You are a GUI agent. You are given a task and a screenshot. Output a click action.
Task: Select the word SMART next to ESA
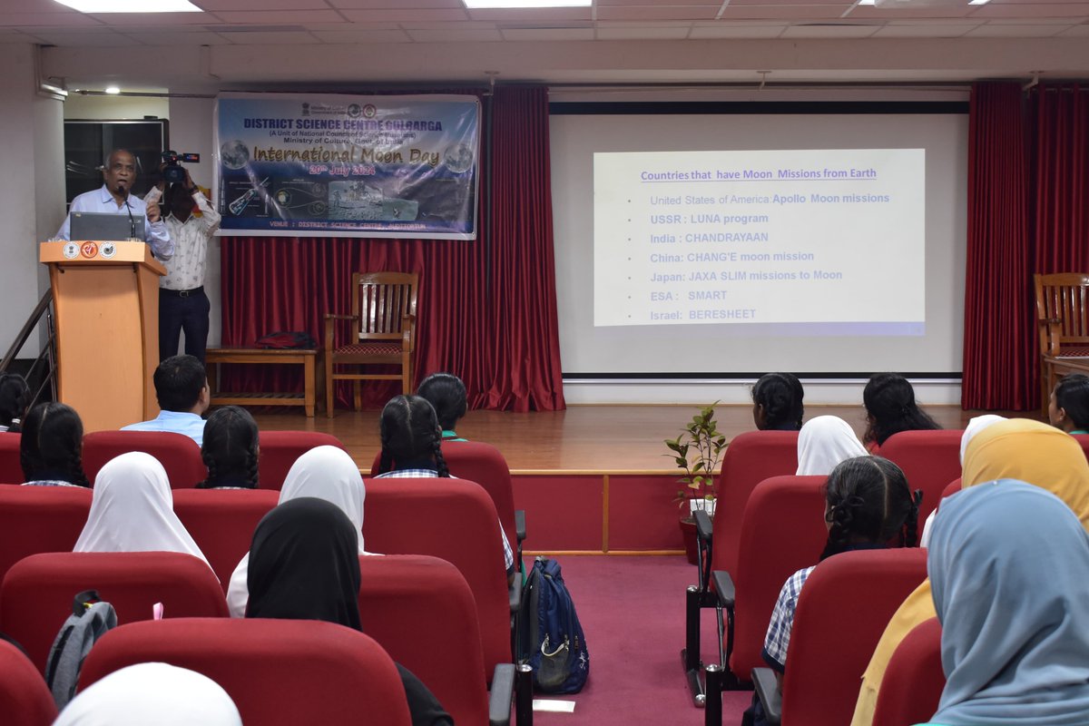click(707, 295)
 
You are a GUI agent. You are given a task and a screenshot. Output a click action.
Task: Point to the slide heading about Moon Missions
click(758, 174)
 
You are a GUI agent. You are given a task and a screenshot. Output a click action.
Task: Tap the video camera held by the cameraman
click(174, 164)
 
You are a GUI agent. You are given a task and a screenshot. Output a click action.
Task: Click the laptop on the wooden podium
click(106, 226)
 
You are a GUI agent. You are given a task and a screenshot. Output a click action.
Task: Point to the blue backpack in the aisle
click(554, 626)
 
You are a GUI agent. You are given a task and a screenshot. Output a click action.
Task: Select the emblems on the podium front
click(89, 250)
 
